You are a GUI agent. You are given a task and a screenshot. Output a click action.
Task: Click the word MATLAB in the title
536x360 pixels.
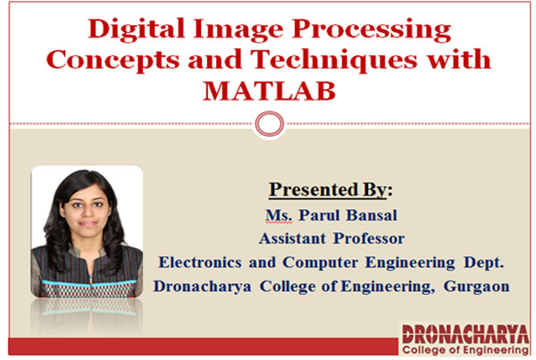coord(270,91)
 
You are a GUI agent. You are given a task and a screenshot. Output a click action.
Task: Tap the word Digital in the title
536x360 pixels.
coord(137,29)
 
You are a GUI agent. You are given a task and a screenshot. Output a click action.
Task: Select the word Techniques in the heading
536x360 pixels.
coord(334,61)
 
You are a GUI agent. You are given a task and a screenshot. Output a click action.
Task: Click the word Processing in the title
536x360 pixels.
coord(372,29)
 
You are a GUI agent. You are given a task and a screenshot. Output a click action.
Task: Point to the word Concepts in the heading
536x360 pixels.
coord(113,61)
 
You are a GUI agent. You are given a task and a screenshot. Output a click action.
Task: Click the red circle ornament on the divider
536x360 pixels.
coord(270,124)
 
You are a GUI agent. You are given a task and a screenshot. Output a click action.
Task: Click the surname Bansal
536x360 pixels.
coord(372,215)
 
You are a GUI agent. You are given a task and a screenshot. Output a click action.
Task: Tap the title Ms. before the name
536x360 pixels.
coord(279,215)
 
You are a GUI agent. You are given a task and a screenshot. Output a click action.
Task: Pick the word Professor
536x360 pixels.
coord(369,239)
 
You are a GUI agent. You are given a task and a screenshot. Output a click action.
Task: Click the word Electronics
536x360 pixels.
coord(200,263)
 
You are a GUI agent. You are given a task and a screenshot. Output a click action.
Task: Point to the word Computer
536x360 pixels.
coord(321,264)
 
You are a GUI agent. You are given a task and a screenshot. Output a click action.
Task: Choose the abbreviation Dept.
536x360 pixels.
coord(483,263)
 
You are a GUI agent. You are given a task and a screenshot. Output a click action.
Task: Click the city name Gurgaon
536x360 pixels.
coord(476,287)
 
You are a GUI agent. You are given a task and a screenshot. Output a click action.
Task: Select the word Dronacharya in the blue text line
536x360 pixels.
coord(203,287)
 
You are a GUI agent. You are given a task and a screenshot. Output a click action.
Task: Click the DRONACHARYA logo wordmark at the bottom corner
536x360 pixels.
coord(465,334)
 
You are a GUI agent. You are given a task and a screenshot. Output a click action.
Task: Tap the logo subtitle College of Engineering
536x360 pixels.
coord(465,350)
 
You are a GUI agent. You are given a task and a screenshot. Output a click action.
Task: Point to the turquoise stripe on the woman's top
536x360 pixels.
coord(88,283)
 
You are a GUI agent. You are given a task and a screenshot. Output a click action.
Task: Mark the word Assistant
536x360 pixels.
coord(292,239)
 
